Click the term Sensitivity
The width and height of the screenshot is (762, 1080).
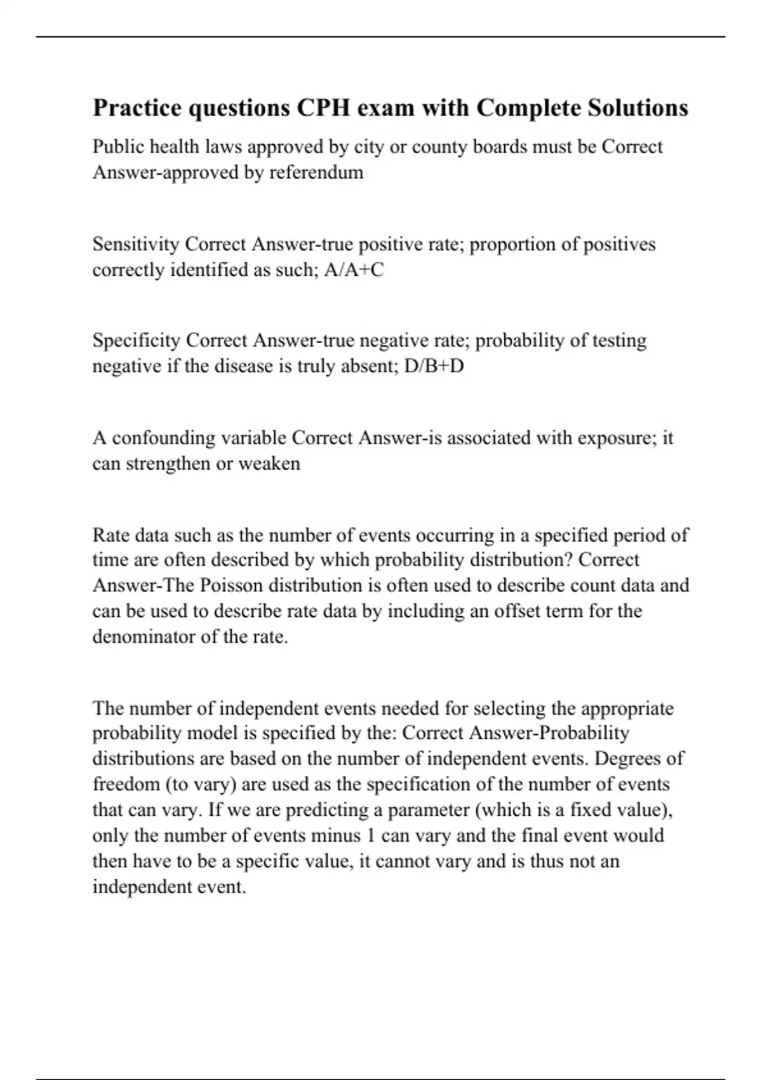pyautogui.click(x=136, y=245)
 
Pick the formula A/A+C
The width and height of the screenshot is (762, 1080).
pyautogui.click(x=354, y=270)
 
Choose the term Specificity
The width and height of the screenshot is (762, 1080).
pyautogui.click(x=137, y=341)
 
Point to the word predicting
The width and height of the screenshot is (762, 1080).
pyautogui.click(x=330, y=811)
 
